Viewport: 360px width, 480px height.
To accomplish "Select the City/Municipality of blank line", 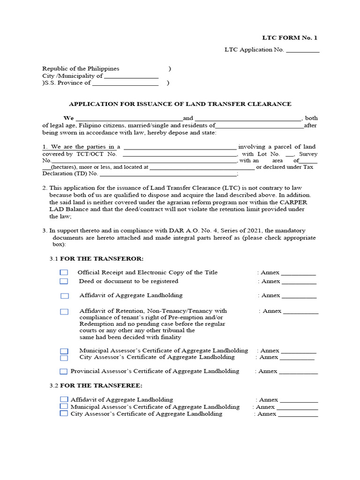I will coord(131,76).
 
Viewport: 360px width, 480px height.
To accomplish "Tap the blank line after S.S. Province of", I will coord(125,83).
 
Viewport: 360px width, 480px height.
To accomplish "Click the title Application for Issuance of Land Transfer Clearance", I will coord(180,104).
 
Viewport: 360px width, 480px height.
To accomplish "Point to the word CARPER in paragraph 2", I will coord(295,202).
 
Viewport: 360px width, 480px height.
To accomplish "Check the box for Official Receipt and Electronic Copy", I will coord(64,273).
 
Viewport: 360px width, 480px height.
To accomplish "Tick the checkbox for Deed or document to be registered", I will coord(64,281).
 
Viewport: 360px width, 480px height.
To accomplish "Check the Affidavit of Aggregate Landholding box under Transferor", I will coord(65,296).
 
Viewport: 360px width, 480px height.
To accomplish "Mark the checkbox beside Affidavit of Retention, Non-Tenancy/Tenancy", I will coord(64,311).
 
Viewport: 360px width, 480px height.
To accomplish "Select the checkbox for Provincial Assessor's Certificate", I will coord(64,371).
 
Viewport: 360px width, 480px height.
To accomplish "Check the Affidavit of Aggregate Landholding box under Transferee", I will coord(64,399).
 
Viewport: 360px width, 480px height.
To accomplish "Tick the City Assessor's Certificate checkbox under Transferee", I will coord(64,414).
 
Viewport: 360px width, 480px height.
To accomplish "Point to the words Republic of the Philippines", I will coord(81,68).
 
